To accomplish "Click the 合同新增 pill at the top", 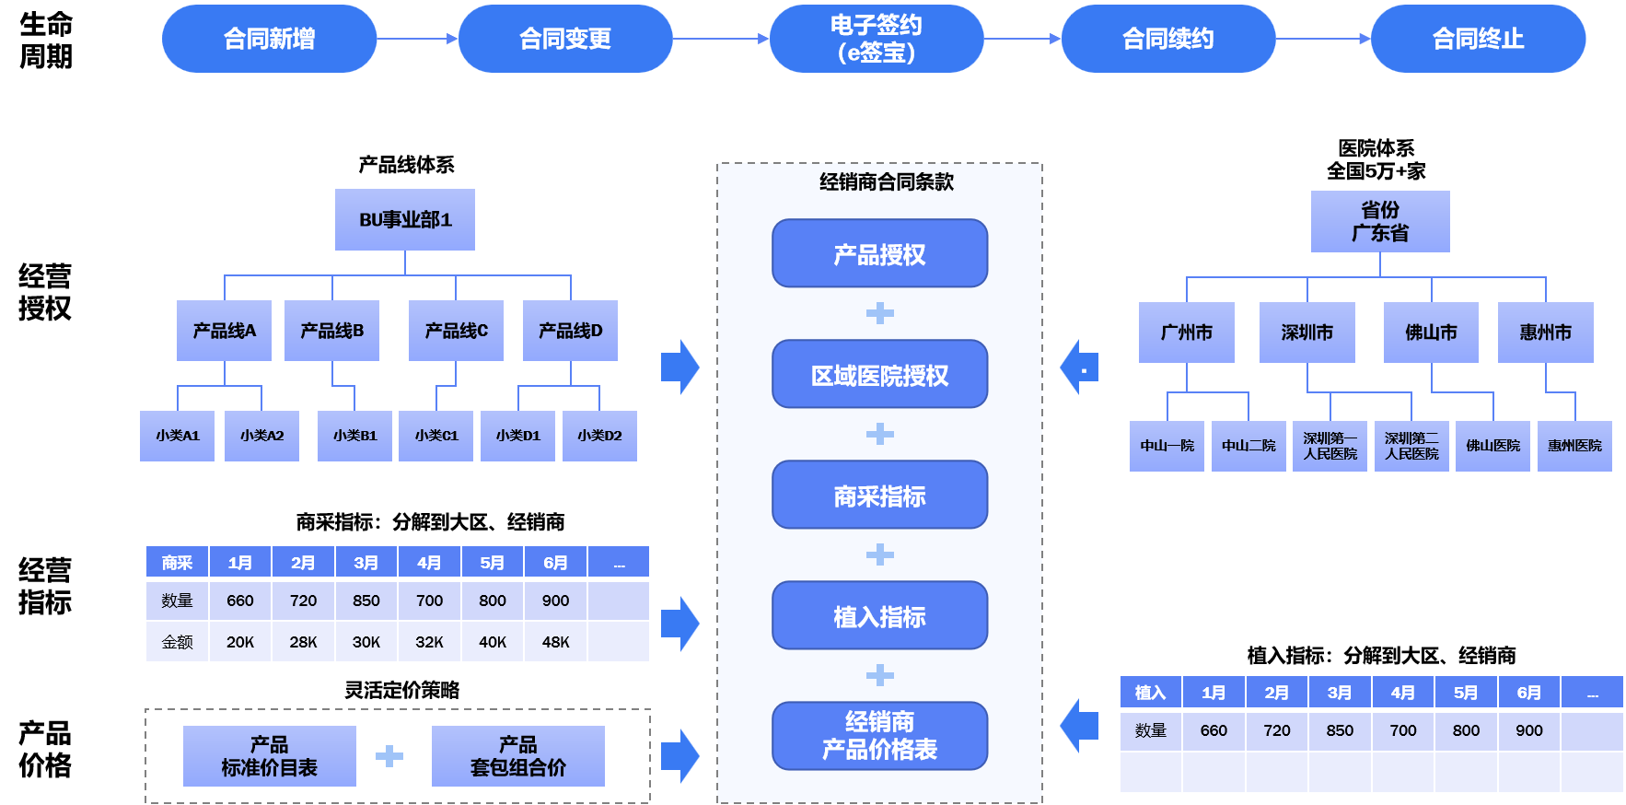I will click(x=269, y=39).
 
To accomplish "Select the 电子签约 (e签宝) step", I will click(x=876, y=39).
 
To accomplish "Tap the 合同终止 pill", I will click(x=1478, y=39).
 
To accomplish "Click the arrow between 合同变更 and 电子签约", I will click(x=720, y=39).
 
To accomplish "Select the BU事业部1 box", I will click(x=405, y=220).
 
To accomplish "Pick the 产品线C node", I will click(x=456, y=331).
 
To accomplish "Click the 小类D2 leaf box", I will click(x=599, y=436).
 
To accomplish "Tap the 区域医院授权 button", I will click(x=879, y=375).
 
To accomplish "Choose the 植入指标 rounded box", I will click(x=879, y=616).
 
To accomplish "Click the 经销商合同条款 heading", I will click(x=886, y=182).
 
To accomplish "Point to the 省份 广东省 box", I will click(x=1379, y=222).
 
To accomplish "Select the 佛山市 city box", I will click(x=1431, y=332).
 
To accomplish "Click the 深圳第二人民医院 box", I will click(x=1411, y=446).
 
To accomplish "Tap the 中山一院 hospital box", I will click(x=1167, y=446).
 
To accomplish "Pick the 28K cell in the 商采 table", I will click(x=303, y=642).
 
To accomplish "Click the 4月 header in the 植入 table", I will click(x=1402, y=693).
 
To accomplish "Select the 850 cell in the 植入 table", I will click(x=1340, y=730).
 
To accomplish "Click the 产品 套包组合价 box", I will click(x=517, y=756).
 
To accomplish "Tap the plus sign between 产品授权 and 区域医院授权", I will click(x=879, y=313).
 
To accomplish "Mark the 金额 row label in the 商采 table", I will click(x=177, y=642).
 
